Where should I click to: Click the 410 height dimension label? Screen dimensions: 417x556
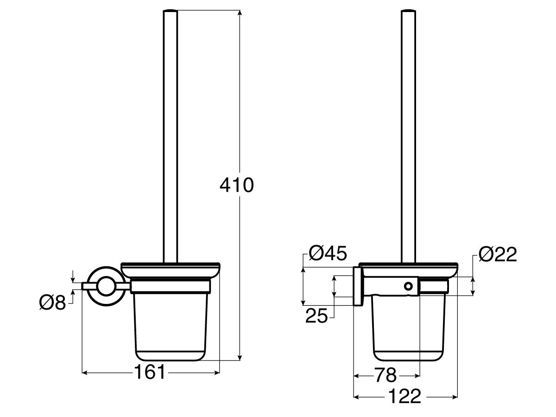(237, 186)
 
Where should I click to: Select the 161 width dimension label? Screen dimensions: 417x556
(150, 372)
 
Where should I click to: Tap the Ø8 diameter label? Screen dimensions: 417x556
(53, 303)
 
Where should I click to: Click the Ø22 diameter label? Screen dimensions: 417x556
(497, 254)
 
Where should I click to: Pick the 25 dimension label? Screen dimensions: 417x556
(316, 316)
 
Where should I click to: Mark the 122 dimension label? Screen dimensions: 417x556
(405, 397)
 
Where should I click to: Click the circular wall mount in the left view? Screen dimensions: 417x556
(106, 287)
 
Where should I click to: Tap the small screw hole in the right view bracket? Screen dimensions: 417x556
(408, 286)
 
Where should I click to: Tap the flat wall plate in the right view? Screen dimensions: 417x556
(358, 286)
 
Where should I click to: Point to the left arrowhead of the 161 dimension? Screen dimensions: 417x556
(85, 372)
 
